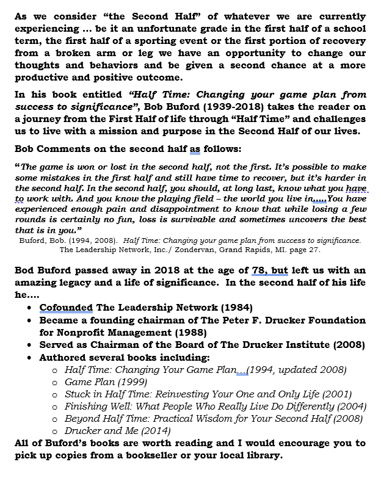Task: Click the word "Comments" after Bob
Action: pos(67,149)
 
